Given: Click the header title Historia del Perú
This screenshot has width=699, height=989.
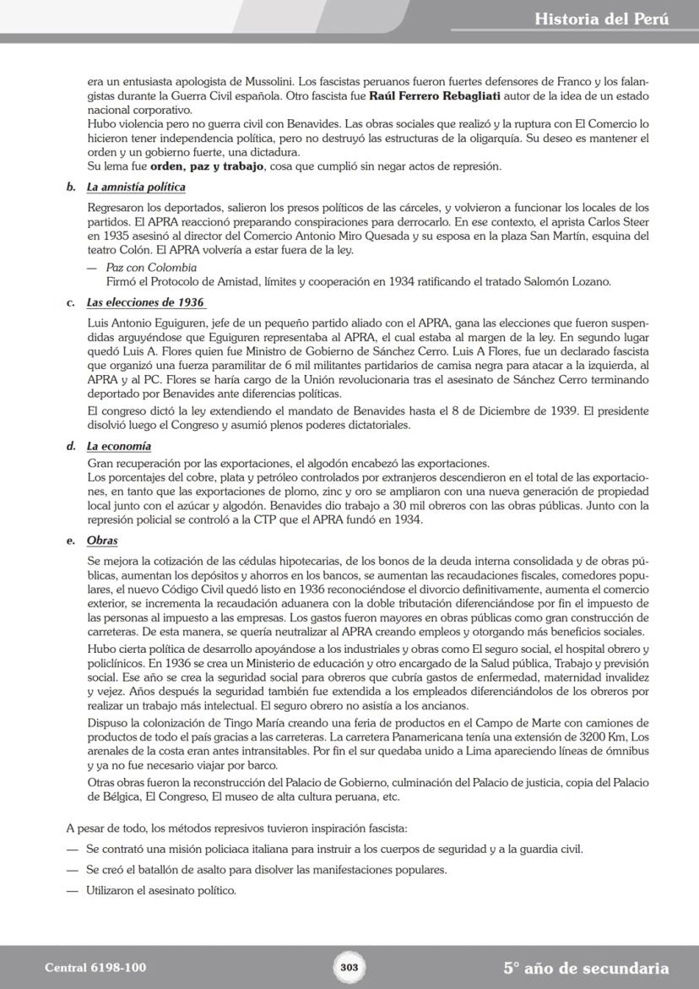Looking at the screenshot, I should pyautogui.click(x=602, y=19).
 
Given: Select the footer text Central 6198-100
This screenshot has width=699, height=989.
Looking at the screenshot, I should pyautogui.click(x=95, y=968).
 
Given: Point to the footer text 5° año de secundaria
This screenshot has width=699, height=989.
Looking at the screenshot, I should pyautogui.click(x=586, y=968).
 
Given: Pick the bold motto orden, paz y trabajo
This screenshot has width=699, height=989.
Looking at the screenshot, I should pyautogui.click(x=197, y=166).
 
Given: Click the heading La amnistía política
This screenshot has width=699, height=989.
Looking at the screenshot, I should pyautogui.click(x=136, y=187).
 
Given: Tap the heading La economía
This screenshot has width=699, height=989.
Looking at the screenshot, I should pyautogui.click(x=119, y=446).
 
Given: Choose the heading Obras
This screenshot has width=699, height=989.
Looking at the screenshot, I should pyautogui.click(x=102, y=541).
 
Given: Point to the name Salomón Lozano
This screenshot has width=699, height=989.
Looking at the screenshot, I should pyautogui.click(x=570, y=281).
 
